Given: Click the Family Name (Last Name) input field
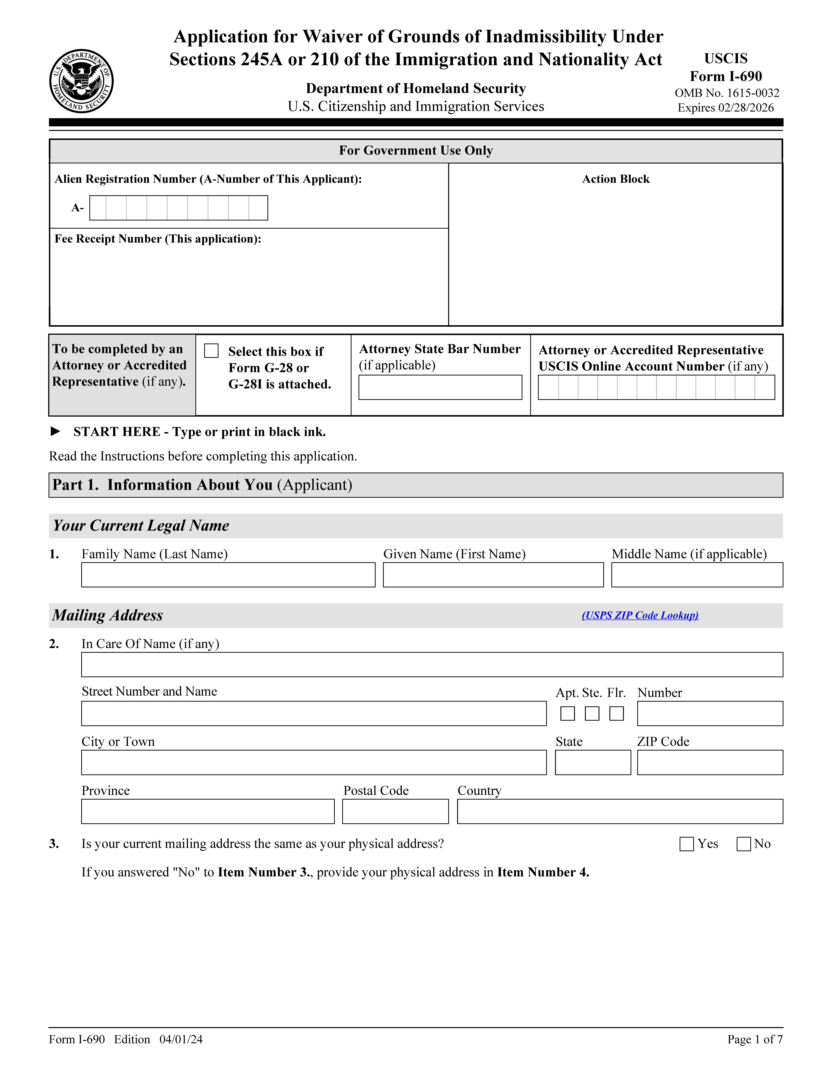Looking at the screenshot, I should tap(228, 575).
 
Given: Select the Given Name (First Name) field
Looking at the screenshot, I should tap(493, 575).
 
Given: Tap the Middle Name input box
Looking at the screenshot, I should tap(697, 575).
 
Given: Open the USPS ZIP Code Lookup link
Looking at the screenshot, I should tap(640, 615).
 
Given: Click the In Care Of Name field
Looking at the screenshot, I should tap(432, 665).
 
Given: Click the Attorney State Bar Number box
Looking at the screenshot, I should tap(440, 387).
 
